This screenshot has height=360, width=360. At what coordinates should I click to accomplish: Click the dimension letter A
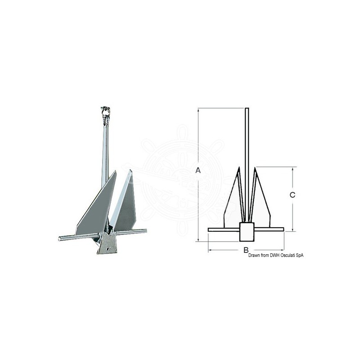pos(198,170)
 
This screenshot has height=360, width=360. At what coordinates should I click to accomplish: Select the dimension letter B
pos(246,249)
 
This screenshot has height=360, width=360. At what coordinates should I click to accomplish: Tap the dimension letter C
pos(292,195)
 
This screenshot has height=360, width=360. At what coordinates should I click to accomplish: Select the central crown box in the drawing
pos(246,232)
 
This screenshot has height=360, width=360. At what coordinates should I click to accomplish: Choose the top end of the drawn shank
pos(246,110)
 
